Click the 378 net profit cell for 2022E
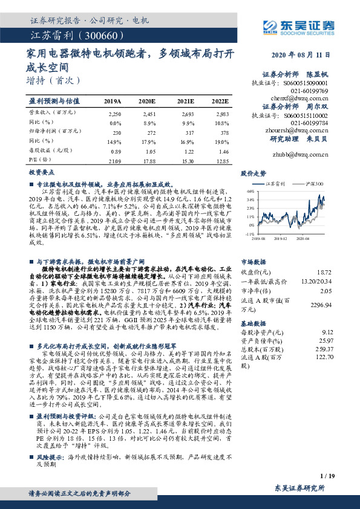[224, 131]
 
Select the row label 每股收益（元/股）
[48, 151]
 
